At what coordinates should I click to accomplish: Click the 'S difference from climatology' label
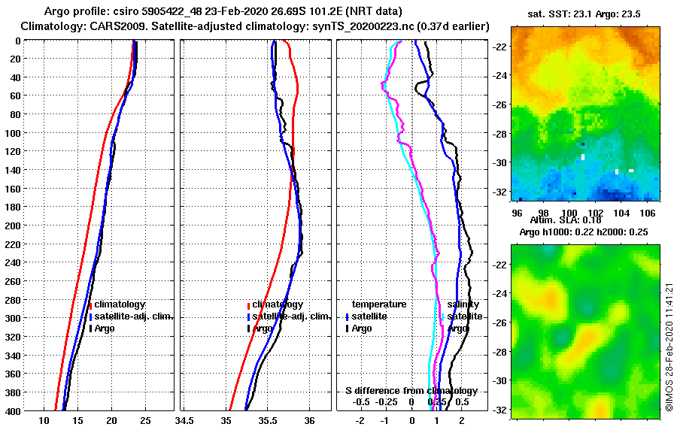pyautogui.click(x=411, y=391)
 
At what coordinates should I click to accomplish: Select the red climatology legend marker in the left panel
pyautogui.click(x=90, y=305)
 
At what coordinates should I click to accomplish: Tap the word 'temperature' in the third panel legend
pyautogui.click(x=379, y=304)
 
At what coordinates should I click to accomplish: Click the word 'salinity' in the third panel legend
pyautogui.click(x=463, y=304)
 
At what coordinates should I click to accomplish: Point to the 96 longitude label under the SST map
pyautogui.click(x=516, y=212)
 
